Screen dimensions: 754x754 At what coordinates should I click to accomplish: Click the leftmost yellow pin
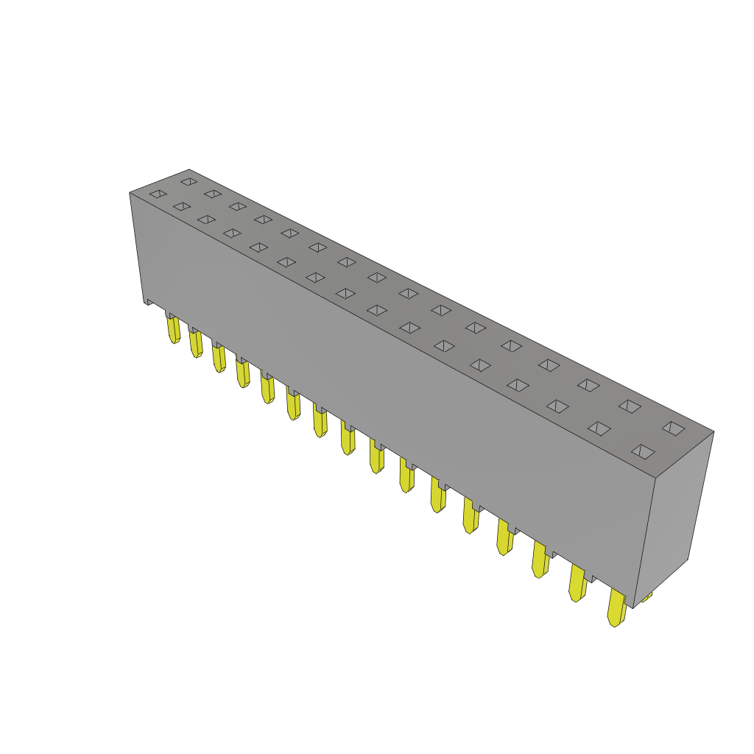point(174,329)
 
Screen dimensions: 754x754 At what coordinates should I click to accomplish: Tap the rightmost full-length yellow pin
point(616,608)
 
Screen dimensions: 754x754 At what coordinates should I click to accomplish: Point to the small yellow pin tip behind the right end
point(646,596)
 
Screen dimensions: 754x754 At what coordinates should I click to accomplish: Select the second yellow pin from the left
point(196,343)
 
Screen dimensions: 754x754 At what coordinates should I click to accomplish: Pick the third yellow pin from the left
point(219,358)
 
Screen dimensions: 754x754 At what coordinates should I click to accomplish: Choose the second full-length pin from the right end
point(577,584)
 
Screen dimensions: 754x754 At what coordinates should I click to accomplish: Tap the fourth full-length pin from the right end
point(504,537)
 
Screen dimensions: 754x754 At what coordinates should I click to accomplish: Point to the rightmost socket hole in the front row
point(643,451)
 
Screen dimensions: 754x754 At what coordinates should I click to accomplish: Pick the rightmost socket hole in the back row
point(673,428)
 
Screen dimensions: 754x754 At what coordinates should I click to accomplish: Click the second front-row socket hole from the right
point(599,428)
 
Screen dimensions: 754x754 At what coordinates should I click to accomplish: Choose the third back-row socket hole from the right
point(588,384)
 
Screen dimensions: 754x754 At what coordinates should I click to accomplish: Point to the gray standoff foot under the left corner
point(149,301)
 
